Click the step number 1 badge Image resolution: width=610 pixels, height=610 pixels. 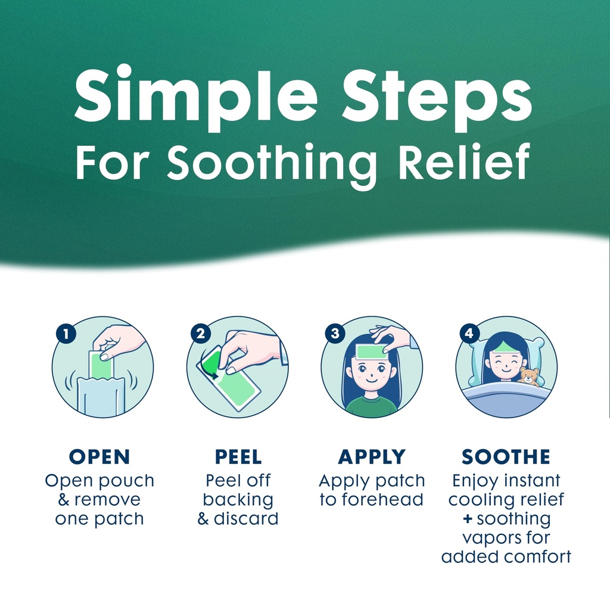coord(66,334)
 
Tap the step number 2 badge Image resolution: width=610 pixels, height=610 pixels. coord(200,334)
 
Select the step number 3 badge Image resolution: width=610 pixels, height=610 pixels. coord(335,334)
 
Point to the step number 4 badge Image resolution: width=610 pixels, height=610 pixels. coord(469,334)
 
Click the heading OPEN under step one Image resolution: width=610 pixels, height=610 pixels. coord(99,457)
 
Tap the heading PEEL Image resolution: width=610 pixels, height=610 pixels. coord(238,457)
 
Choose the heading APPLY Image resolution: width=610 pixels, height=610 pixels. coord(372,457)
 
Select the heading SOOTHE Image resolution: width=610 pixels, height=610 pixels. coord(506,457)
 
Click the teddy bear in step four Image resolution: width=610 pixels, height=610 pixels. coord(530,376)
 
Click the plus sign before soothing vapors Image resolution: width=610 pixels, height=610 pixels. coord(468,519)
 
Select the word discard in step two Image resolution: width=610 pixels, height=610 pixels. coord(246,519)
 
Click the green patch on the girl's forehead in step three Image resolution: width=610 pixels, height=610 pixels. coord(372,351)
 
